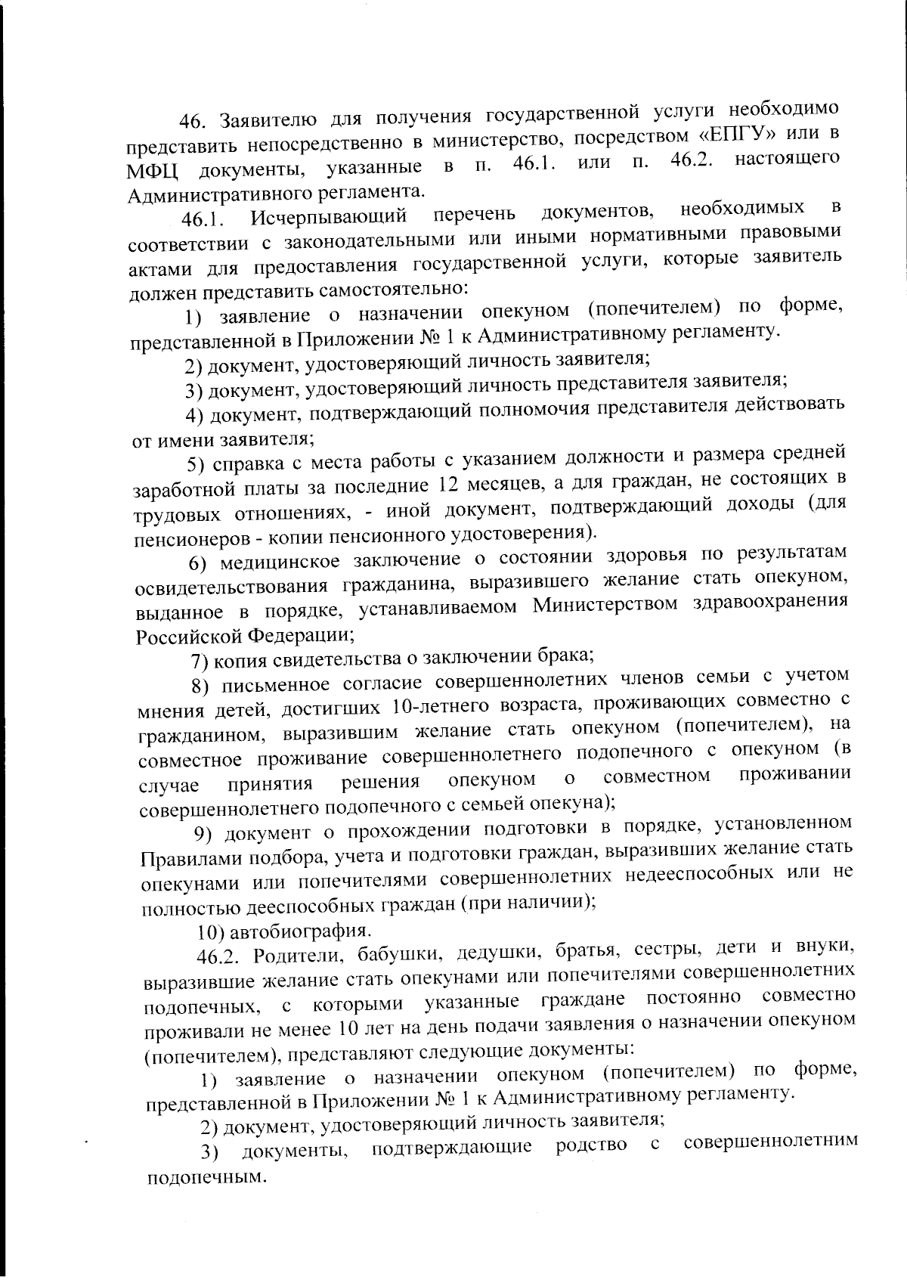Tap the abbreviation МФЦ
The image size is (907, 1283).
point(151,169)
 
